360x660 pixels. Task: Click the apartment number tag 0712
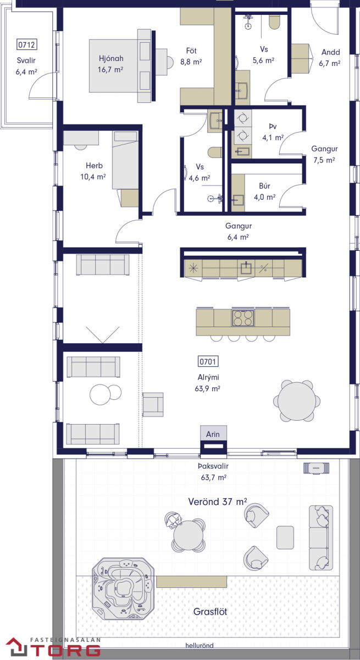(x=26, y=45)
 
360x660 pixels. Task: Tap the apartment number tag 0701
(x=208, y=361)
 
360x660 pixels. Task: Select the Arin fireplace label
(x=213, y=435)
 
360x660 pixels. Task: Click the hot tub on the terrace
(x=123, y=589)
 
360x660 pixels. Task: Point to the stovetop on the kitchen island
(x=243, y=318)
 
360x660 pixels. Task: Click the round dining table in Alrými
(x=297, y=401)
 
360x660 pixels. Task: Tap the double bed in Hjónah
(x=120, y=65)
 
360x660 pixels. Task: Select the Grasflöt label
(x=210, y=612)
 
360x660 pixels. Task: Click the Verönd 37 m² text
(x=218, y=502)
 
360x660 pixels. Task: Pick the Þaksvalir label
(x=213, y=466)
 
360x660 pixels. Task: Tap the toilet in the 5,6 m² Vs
(x=275, y=22)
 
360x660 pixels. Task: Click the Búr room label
(x=264, y=186)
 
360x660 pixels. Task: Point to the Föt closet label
(x=191, y=51)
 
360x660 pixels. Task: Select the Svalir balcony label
(x=26, y=61)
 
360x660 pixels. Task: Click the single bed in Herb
(x=125, y=160)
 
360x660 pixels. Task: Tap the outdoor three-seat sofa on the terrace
(x=321, y=538)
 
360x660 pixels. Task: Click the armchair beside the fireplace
(x=153, y=405)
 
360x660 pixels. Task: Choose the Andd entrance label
(x=330, y=52)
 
